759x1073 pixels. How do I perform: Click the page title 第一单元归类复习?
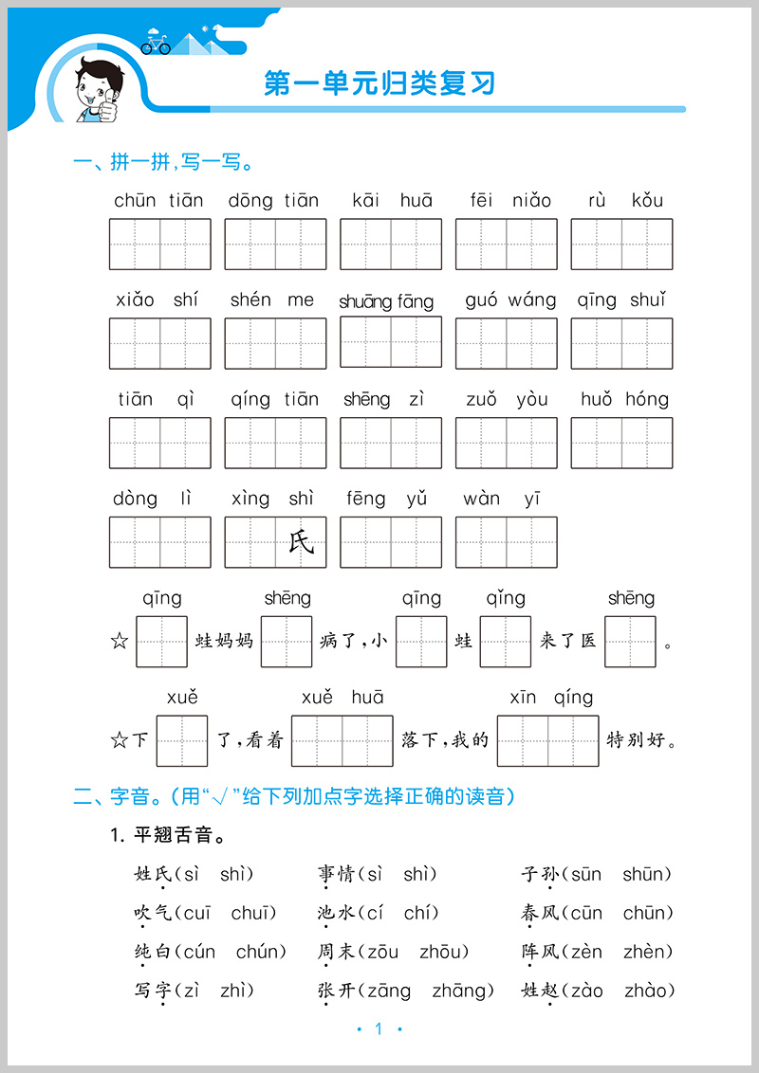[379, 83]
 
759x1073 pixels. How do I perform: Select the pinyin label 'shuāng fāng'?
[386, 301]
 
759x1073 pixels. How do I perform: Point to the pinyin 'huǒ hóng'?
[624, 399]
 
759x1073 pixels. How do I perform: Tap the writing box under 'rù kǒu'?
[621, 244]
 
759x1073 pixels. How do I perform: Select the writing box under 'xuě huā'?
[342, 740]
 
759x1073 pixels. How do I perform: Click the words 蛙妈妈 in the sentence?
[224, 642]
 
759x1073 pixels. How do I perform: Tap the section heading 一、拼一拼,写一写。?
[162, 163]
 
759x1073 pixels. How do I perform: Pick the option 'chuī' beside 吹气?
[253, 913]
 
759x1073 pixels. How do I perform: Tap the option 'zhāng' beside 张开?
[463, 991]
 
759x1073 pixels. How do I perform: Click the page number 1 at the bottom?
[379, 1029]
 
